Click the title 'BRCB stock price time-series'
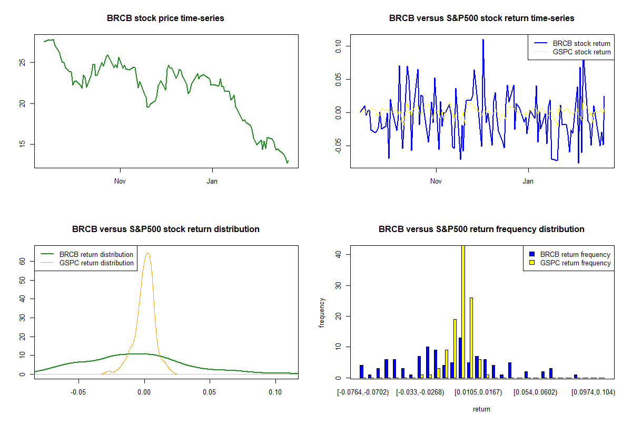pos(165,18)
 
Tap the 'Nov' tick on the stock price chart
pos(120,181)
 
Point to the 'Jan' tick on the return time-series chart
pos(528,181)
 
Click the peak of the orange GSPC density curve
pos(147,253)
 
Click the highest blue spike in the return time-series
pos(482,40)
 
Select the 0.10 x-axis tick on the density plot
pos(275,392)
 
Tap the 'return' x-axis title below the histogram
pos(481,409)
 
